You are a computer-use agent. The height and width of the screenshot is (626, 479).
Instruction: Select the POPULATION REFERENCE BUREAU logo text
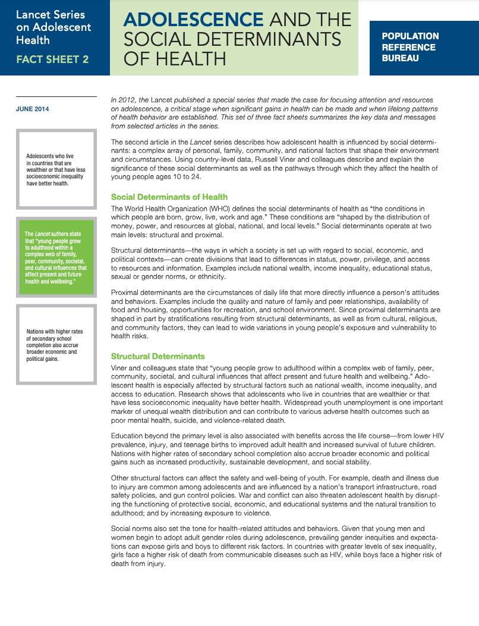click(410, 47)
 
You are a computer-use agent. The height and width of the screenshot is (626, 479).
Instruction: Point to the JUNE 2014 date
click(32, 109)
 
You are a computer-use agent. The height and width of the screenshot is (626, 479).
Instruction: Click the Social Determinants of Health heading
click(169, 197)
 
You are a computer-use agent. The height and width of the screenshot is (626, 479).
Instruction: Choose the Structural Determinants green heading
click(157, 356)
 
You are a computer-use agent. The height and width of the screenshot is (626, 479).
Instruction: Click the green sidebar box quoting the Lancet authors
click(56, 257)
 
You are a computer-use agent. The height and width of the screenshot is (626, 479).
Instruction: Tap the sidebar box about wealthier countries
click(56, 170)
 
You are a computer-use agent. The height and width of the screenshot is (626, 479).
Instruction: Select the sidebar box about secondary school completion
click(56, 345)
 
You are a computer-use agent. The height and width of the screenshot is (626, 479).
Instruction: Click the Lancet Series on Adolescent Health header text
click(53, 27)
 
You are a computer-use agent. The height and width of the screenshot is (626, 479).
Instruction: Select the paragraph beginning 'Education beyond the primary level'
click(276, 449)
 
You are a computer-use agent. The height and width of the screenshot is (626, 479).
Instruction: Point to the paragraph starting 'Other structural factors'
click(276, 495)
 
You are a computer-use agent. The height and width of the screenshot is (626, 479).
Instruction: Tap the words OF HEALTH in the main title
click(175, 59)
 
